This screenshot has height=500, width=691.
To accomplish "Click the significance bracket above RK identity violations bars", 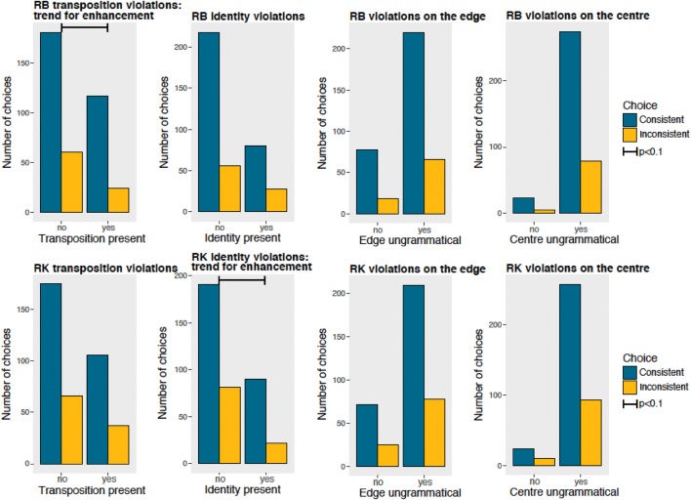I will [242, 280].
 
